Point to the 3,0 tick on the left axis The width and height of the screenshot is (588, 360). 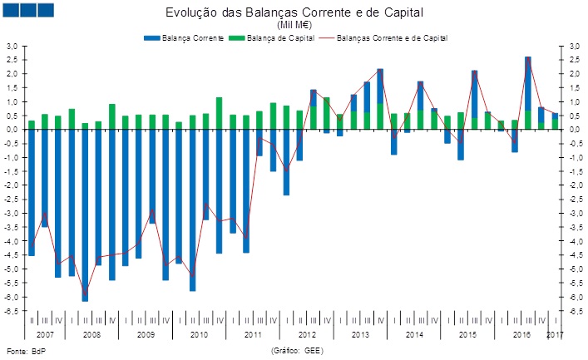tap(12, 46)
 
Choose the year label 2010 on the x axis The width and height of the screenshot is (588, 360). tap(199, 334)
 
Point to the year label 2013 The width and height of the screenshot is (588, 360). tap(360, 334)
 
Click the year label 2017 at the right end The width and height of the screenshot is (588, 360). tap(556, 334)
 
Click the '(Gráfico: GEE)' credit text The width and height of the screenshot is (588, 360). tap(297, 351)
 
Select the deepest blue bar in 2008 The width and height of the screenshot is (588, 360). tap(85, 216)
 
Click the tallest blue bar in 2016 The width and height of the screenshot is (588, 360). tap(528, 83)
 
